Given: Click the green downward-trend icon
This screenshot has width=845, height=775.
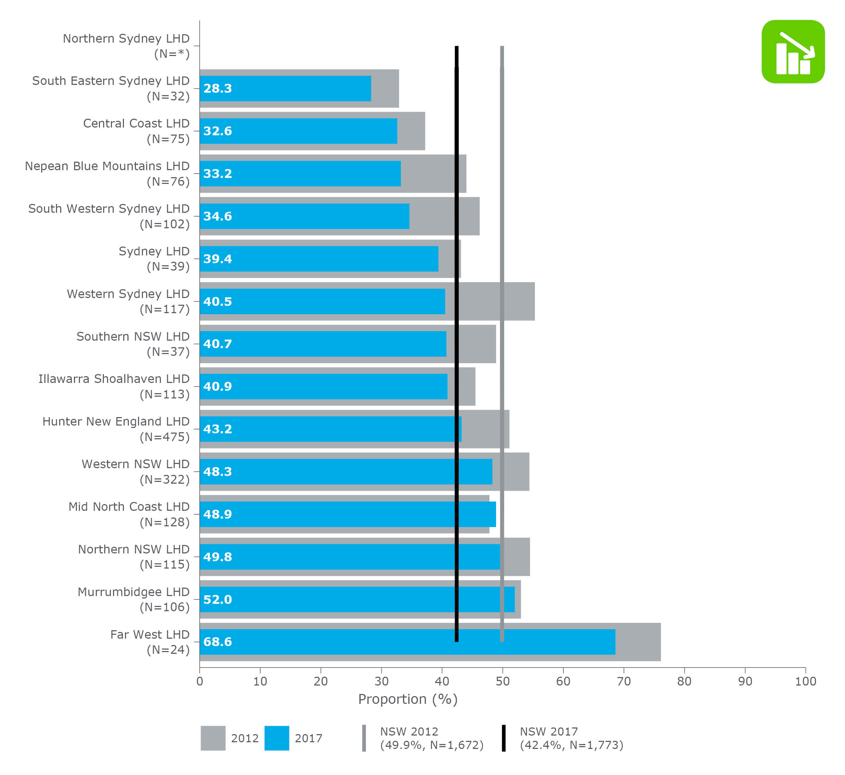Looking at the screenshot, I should [793, 51].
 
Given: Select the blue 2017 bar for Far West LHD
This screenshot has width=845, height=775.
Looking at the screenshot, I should [407, 641].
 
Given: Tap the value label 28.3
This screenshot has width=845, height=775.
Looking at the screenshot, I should [218, 88].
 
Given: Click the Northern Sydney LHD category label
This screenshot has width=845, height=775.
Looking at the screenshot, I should [126, 46].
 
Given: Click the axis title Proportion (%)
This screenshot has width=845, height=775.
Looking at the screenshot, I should [407, 699].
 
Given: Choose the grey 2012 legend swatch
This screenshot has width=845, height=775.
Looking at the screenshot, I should [213, 738].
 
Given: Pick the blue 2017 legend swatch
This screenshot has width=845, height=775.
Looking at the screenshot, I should [277, 738].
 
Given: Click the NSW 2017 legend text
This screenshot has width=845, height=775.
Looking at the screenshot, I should [571, 738].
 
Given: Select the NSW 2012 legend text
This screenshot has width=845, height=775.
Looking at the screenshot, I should [432, 738].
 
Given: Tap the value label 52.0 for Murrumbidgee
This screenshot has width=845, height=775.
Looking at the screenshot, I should [218, 599].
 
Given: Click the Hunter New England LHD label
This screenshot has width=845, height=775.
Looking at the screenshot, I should [116, 429].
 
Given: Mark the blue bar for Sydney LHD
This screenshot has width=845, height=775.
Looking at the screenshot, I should [319, 259].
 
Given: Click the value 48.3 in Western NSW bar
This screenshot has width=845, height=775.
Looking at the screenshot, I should [218, 471].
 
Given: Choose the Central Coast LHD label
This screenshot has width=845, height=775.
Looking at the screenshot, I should [136, 131].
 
